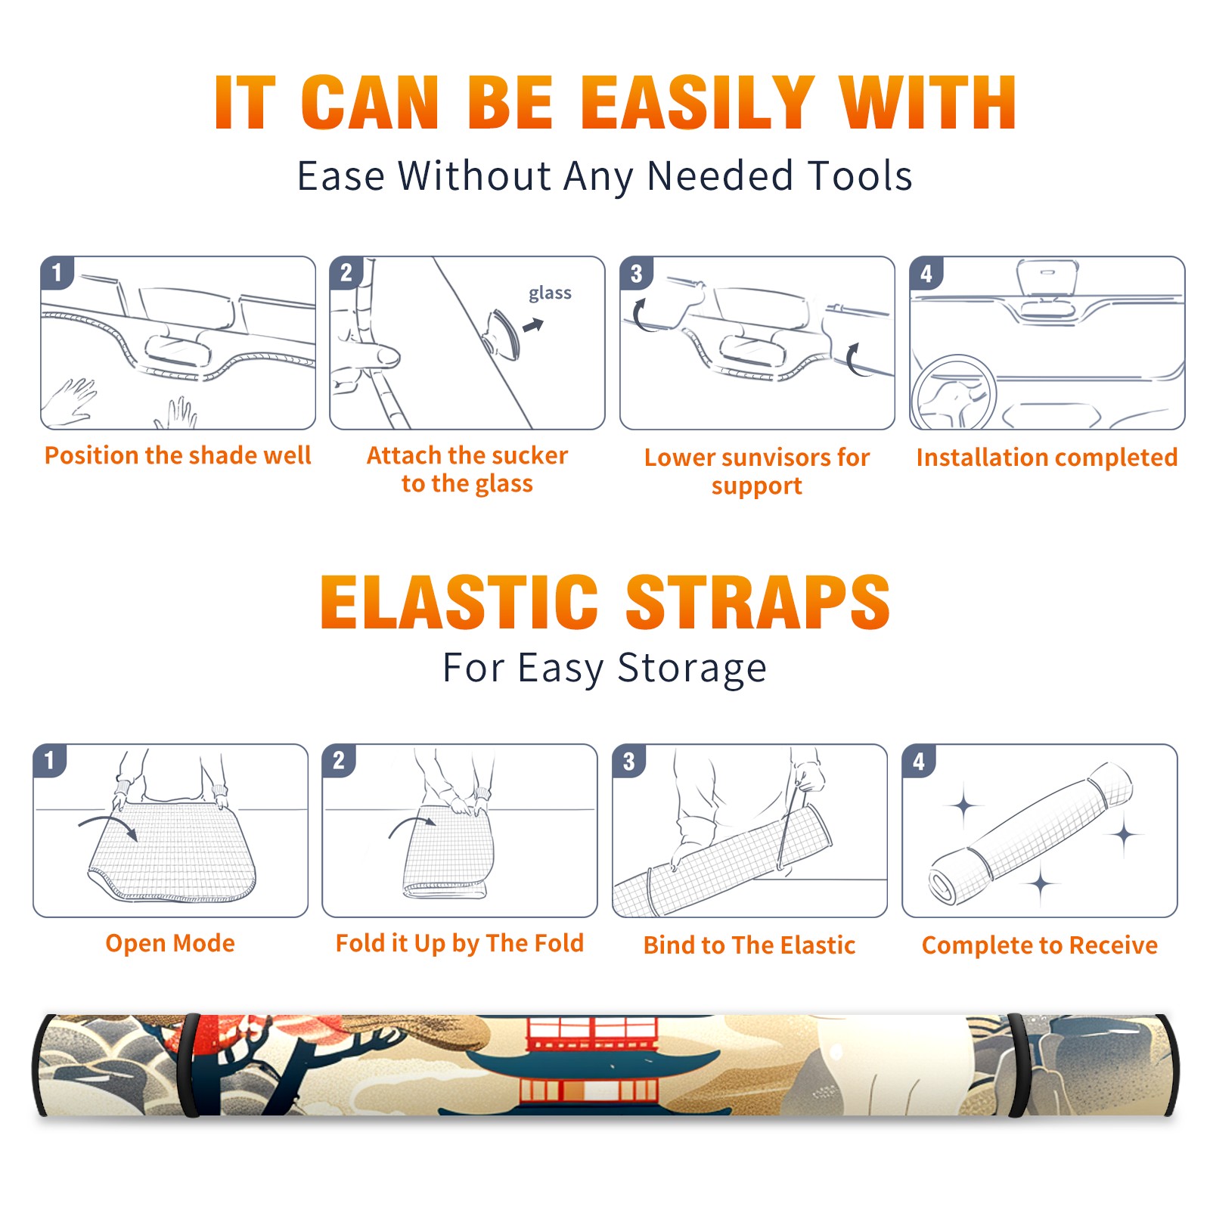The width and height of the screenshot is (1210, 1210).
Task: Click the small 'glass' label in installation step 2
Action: pos(550,293)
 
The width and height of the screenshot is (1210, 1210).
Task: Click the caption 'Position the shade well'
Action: pos(178,455)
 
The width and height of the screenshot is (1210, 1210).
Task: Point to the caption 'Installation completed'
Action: pos(1047,458)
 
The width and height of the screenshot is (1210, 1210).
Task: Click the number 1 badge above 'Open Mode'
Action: pos(50,760)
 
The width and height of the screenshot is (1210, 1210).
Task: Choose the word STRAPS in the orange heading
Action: pos(758,602)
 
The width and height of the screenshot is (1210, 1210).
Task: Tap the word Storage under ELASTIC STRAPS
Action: pos(692,669)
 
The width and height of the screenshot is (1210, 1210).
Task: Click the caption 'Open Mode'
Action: pos(170,943)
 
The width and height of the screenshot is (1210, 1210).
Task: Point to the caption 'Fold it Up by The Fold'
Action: pos(460,943)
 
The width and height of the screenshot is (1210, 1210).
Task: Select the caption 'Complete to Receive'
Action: pos(1040,945)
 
